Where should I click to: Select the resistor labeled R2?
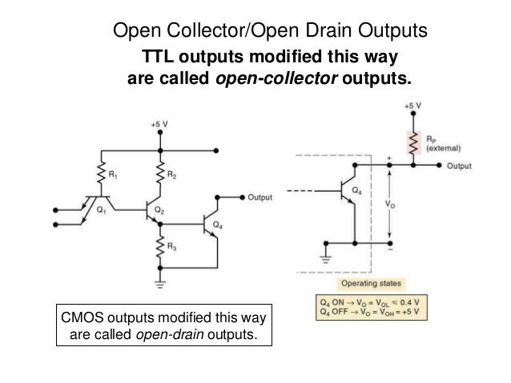(x=162, y=174)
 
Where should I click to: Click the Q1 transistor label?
(x=101, y=211)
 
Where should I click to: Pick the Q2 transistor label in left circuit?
(x=159, y=211)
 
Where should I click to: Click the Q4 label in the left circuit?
(x=219, y=226)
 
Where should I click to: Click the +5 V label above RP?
(x=412, y=106)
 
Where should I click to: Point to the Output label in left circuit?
(x=260, y=197)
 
